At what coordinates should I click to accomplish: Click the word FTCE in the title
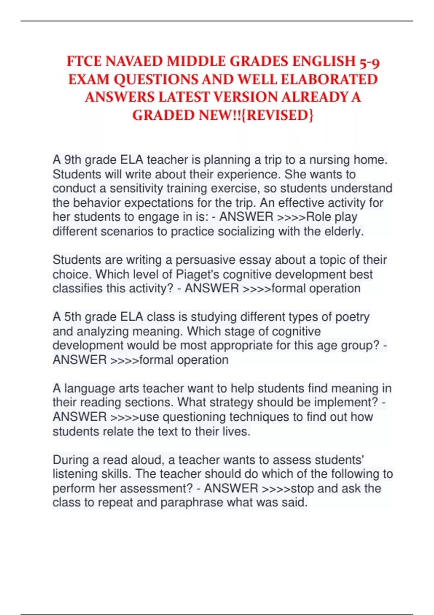(x=84, y=61)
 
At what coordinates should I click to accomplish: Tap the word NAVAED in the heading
(x=133, y=61)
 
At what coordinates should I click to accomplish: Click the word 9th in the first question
(x=73, y=160)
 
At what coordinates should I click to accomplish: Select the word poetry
(x=352, y=317)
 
